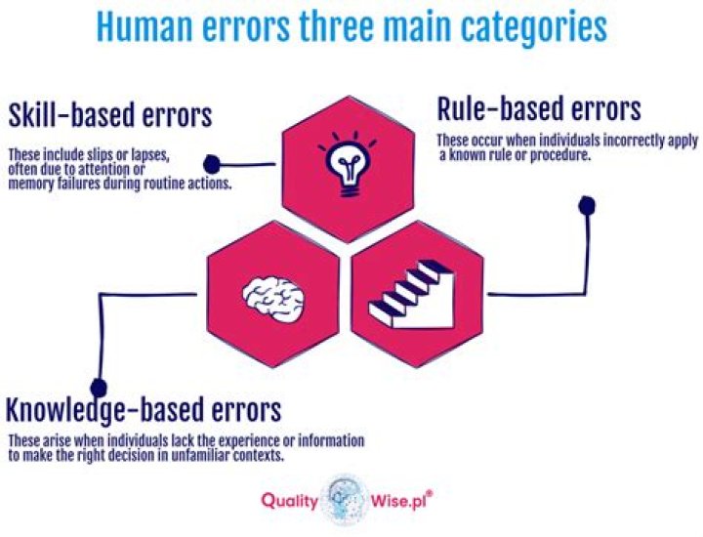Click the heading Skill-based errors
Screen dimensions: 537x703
tap(109, 116)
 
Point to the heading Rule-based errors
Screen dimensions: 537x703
tap(538, 107)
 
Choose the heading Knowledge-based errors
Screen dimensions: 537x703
tap(145, 407)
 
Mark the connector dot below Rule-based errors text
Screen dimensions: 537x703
tap(586, 205)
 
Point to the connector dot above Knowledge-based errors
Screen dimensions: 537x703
tap(97, 388)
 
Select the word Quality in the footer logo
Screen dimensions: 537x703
tap(289, 501)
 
